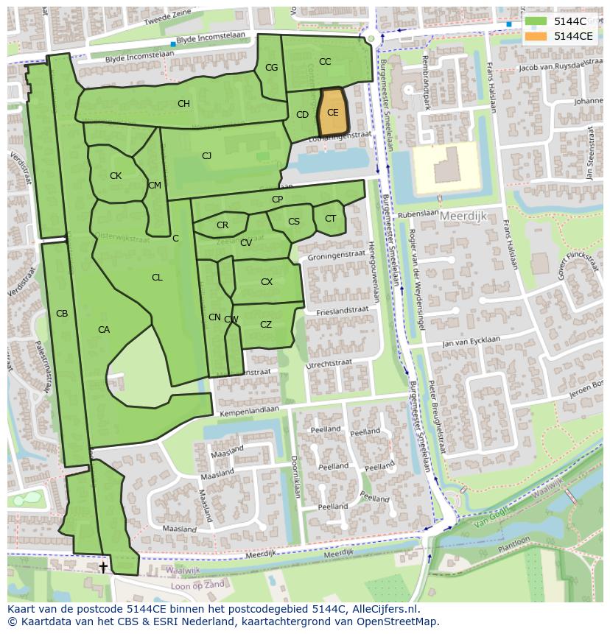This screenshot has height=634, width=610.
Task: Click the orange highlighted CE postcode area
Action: (332, 113)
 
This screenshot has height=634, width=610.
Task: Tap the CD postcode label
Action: (302, 115)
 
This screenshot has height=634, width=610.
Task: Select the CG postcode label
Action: (271, 68)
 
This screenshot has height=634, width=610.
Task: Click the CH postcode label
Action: (183, 104)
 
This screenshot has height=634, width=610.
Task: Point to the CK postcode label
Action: (116, 176)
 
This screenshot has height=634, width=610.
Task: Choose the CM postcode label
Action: (154, 186)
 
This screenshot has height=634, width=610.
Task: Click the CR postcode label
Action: (222, 225)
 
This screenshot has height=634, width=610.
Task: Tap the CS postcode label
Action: (294, 222)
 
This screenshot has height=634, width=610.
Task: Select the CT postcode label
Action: (330, 219)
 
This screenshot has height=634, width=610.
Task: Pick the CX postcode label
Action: (267, 282)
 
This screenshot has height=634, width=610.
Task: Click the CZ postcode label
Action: (266, 325)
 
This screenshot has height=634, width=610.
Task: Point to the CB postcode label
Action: (62, 314)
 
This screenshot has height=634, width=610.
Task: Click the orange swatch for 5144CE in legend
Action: (536, 35)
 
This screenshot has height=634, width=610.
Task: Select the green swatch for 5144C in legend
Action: (536, 21)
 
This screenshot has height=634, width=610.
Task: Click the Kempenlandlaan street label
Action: (249, 409)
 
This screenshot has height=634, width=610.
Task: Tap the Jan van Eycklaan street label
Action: (471, 341)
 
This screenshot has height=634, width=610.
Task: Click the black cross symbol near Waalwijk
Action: (103, 566)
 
